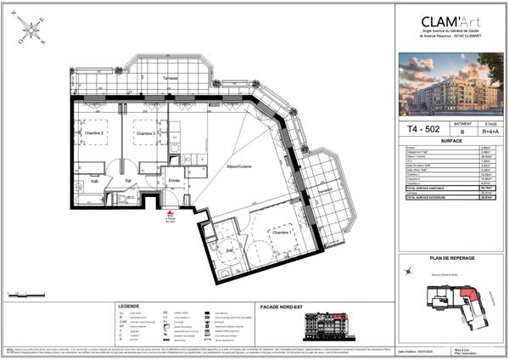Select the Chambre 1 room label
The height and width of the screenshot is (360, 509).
[x=282, y=232]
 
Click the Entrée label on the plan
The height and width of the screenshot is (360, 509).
[x=174, y=180]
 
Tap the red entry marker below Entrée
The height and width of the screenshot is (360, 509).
[x=171, y=215]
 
